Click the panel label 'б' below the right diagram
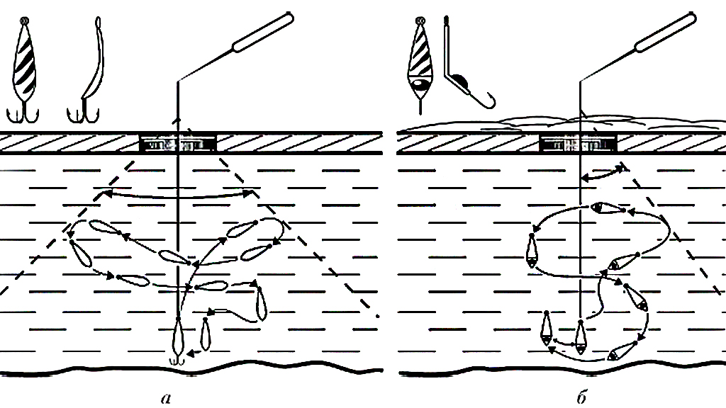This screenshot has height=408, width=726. [x=582, y=397]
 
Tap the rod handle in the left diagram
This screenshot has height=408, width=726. [x=262, y=32]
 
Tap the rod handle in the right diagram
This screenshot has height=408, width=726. [x=666, y=32]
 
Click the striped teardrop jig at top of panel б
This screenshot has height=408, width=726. [x=420, y=64]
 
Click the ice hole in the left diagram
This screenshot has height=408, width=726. [x=178, y=144]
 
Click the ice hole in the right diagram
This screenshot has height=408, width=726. [x=579, y=144]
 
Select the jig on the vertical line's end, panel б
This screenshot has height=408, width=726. [x=580, y=336]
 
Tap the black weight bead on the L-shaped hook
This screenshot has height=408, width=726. [x=459, y=81]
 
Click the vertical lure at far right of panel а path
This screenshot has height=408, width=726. [x=261, y=303]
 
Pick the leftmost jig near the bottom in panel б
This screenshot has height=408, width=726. [x=547, y=329]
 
